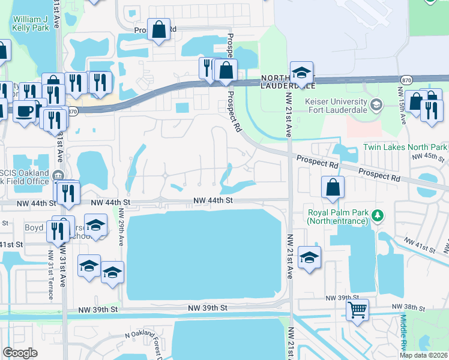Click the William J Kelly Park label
pos(31,23)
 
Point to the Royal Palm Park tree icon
pos(378,215)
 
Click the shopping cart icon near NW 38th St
pos(357,310)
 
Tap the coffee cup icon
pos(25,111)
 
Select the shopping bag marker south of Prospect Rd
pos(333,187)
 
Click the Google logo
pos(20,353)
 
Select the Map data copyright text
pos(424,355)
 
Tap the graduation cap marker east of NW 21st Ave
pos(309,257)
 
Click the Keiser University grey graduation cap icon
pos(376,105)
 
